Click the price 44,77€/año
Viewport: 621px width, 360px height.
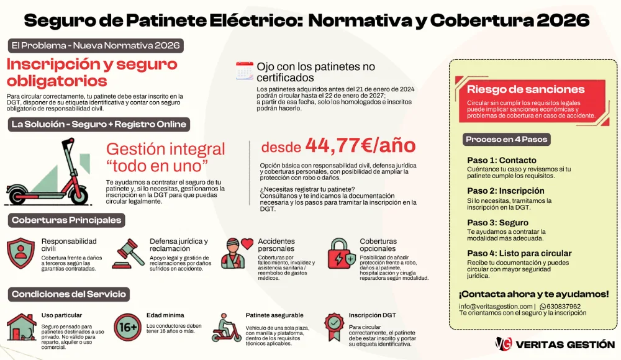(x=360, y=146)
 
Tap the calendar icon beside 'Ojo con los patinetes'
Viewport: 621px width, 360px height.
(x=245, y=71)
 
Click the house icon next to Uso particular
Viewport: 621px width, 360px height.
(x=20, y=327)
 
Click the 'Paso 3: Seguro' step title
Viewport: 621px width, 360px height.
(x=497, y=222)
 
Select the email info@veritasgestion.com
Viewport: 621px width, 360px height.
(x=496, y=307)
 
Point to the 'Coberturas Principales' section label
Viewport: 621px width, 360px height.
(x=66, y=220)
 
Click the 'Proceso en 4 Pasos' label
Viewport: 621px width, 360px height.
(x=507, y=140)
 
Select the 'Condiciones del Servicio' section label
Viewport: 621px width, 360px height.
(x=68, y=294)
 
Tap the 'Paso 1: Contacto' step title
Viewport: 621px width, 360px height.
(x=501, y=160)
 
